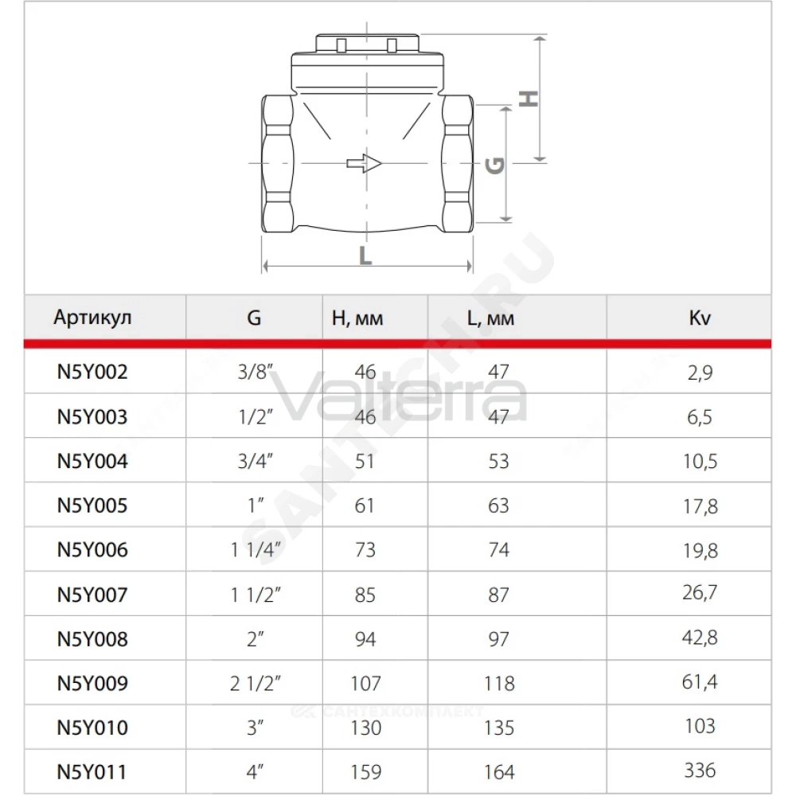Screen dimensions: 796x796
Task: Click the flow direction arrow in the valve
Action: click(364, 163)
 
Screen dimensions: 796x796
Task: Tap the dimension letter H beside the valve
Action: click(529, 99)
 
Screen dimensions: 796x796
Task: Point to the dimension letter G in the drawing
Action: click(495, 166)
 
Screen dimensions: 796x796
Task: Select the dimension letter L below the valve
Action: click(365, 256)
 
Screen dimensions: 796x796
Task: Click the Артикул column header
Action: click(92, 318)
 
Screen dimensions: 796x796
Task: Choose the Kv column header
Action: click(700, 318)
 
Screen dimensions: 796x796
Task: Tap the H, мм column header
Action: click(357, 318)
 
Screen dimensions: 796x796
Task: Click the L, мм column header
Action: click(490, 318)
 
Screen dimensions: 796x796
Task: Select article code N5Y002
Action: click(92, 372)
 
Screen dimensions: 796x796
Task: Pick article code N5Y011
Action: click(92, 772)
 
